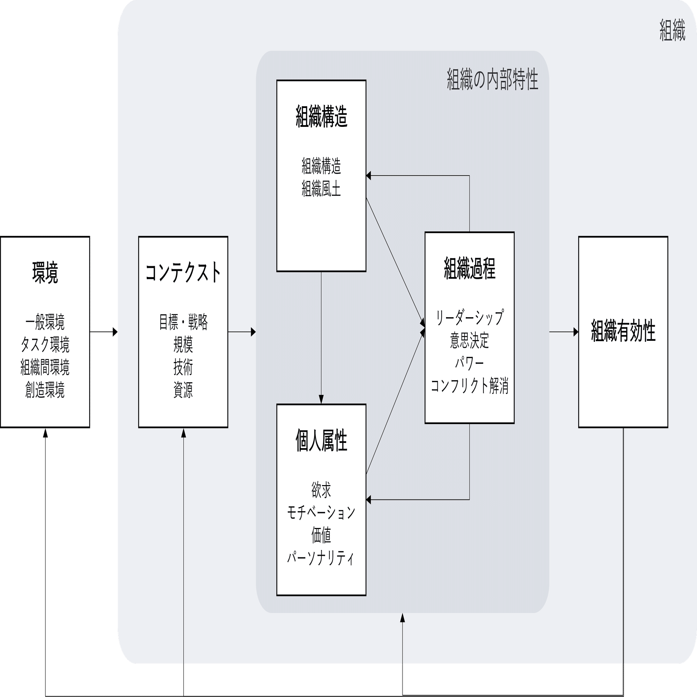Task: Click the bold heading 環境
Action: click(x=45, y=273)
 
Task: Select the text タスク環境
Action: click(x=45, y=345)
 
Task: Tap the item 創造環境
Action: click(x=45, y=390)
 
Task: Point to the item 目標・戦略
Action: click(x=183, y=322)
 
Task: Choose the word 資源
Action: click(x=183, y=390)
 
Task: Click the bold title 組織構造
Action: click(x=321, y=117)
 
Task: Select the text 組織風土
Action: click(x=321, y=189)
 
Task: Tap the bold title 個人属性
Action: click(x=321, y=441)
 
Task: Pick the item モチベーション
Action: click(x=321, y=512)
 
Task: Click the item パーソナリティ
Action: click(x=321, y=558)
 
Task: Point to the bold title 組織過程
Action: click(x=470, y=268)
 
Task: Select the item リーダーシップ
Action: click(x=470, y=317)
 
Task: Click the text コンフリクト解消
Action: click(x=470, y=385)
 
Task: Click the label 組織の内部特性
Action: click(x=492, y=79)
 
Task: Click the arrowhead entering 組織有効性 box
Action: click(x=575, y=332)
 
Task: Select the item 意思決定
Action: click(x=470, y=340)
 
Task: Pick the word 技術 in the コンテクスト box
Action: click(x=183, y=367)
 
